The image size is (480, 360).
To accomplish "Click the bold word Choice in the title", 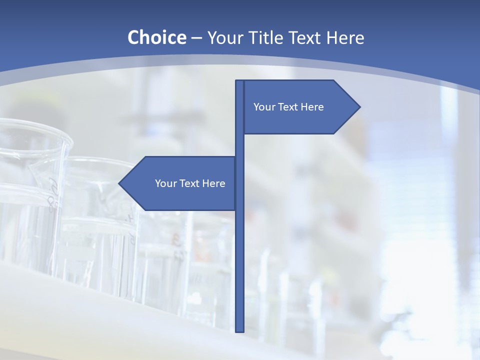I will [156, 38].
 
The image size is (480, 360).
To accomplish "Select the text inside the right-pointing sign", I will [288, 107].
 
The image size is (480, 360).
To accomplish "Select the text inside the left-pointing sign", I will [190, 183].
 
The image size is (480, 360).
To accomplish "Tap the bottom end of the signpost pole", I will [239, 330].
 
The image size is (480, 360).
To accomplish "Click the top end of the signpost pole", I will [239, 82].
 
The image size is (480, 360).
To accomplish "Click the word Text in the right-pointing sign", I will [289, 107].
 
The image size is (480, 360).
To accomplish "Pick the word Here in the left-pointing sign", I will [214, 183].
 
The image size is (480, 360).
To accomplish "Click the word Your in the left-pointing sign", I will [165, 183].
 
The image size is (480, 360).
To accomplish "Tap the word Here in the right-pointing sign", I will [312, 107].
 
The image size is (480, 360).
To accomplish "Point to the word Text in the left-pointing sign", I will [191, 183].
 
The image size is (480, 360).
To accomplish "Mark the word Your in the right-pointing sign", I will [264, 107].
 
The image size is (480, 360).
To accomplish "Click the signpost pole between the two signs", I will [239, 145].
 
